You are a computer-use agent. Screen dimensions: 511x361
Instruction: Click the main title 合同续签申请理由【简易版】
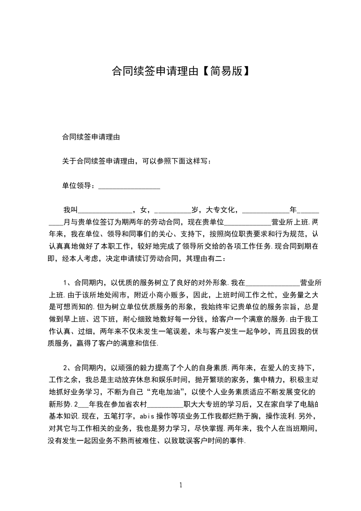(180, 71)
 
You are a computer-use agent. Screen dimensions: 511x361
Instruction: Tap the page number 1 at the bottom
(181, 485)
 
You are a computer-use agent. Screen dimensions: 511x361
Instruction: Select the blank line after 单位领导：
(129, 186)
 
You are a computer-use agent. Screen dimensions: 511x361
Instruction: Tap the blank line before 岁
(173, 210)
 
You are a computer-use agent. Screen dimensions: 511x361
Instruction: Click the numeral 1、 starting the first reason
(67, 282)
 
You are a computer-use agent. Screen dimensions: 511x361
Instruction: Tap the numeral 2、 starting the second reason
(67, 368)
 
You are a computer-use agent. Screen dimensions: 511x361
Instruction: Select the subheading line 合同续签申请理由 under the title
(91, 136)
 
